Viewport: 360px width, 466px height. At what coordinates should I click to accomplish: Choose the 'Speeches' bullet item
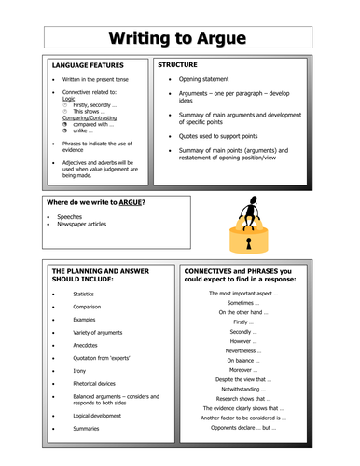click(70, 216)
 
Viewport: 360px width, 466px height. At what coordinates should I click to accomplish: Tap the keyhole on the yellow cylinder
click(249, 242)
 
